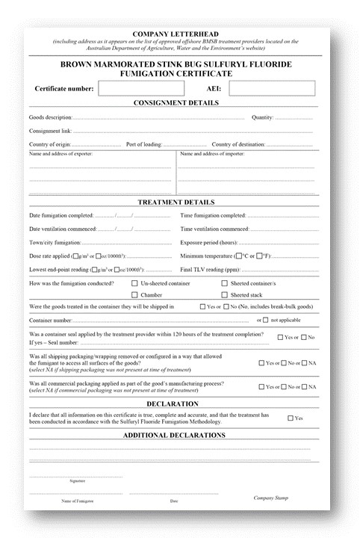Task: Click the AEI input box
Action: click(266, 88)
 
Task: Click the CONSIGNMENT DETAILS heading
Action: click(176, 103)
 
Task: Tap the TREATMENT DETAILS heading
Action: click(176, 202)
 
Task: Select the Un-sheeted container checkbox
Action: click(134, 284)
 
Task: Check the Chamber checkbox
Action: click(134, 295)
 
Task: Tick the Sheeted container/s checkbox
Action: click(224, 284)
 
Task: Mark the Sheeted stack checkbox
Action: click(224, 295)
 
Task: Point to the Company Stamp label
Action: click(270, 498)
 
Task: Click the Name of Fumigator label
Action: click(66, 500)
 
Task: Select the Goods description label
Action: click(50, 117)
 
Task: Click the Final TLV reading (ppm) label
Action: click(211, 270)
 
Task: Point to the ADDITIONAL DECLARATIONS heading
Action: click(176, 435)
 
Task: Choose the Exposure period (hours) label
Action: click(209, 243)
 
